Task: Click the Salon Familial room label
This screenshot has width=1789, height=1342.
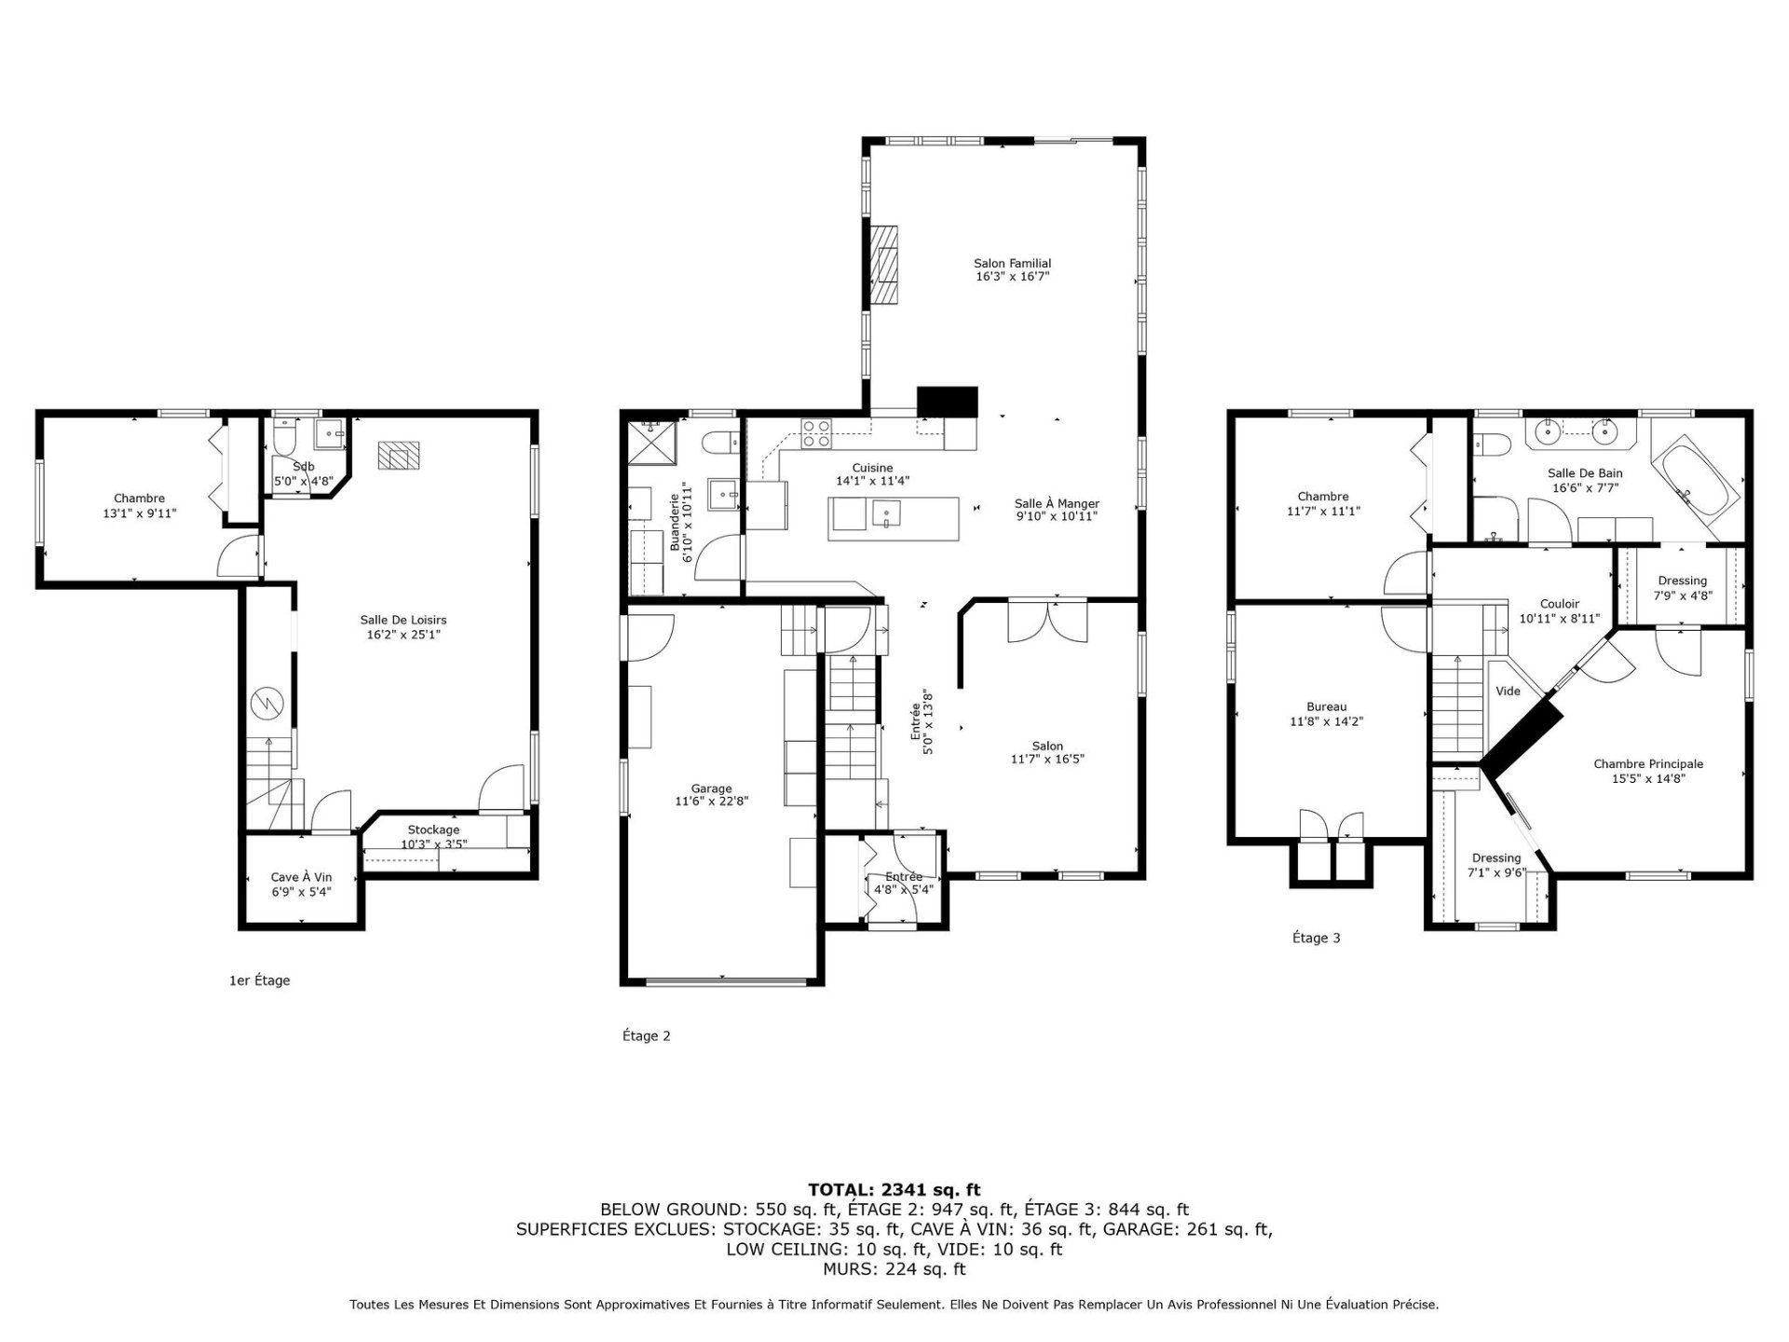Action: point(1012,264)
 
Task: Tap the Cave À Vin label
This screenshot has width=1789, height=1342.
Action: point(301,877)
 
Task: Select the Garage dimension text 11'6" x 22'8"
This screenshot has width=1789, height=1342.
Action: point(712,801)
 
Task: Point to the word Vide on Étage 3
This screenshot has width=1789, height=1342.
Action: point(1508,691)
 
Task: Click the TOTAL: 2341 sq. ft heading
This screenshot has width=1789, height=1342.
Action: point(894,1189)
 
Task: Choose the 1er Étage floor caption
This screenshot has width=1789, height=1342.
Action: point(260,980)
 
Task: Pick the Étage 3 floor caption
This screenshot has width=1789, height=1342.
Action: point(1316,938)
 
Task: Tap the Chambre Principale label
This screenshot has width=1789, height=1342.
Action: point(1648,764)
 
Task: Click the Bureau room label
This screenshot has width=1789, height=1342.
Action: point(1326,707)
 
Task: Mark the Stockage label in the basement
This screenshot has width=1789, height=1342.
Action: point(433,829)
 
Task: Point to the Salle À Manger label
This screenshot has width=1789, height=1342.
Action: point(1057,503)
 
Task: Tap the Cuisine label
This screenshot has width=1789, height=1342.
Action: point(872,468)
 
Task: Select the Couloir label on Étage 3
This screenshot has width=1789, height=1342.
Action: point(1559,604)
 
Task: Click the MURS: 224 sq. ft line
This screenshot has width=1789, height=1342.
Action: point(894,1269)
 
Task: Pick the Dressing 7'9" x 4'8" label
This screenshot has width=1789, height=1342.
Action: point(1683,587)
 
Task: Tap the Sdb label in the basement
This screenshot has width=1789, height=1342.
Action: point(304,466)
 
